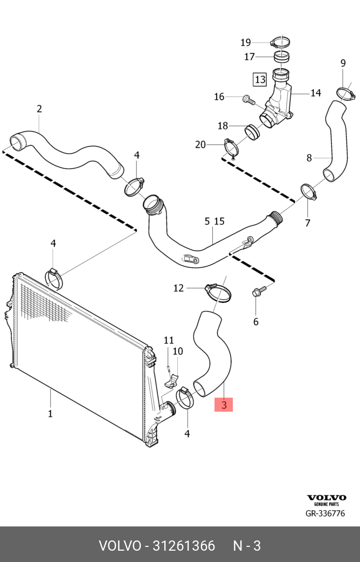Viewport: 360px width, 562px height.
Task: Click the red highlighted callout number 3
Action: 224,405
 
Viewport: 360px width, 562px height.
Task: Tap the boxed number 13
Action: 260,79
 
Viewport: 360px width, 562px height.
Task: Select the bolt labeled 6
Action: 259,290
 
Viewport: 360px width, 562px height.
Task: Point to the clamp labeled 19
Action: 280,43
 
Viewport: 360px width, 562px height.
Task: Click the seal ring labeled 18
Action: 253,132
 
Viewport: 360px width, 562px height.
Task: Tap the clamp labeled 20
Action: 231,147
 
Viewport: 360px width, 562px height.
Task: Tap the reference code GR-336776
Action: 325,514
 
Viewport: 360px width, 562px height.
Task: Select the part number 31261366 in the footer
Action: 184,546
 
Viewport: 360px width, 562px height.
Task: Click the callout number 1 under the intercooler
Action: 50,413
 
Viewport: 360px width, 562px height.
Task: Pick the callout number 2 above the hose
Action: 39,109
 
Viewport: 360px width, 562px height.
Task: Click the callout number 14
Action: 315,93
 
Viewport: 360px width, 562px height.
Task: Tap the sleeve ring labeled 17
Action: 281,56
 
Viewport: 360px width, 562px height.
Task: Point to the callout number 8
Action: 309,158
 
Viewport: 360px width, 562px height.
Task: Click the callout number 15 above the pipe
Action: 219,221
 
